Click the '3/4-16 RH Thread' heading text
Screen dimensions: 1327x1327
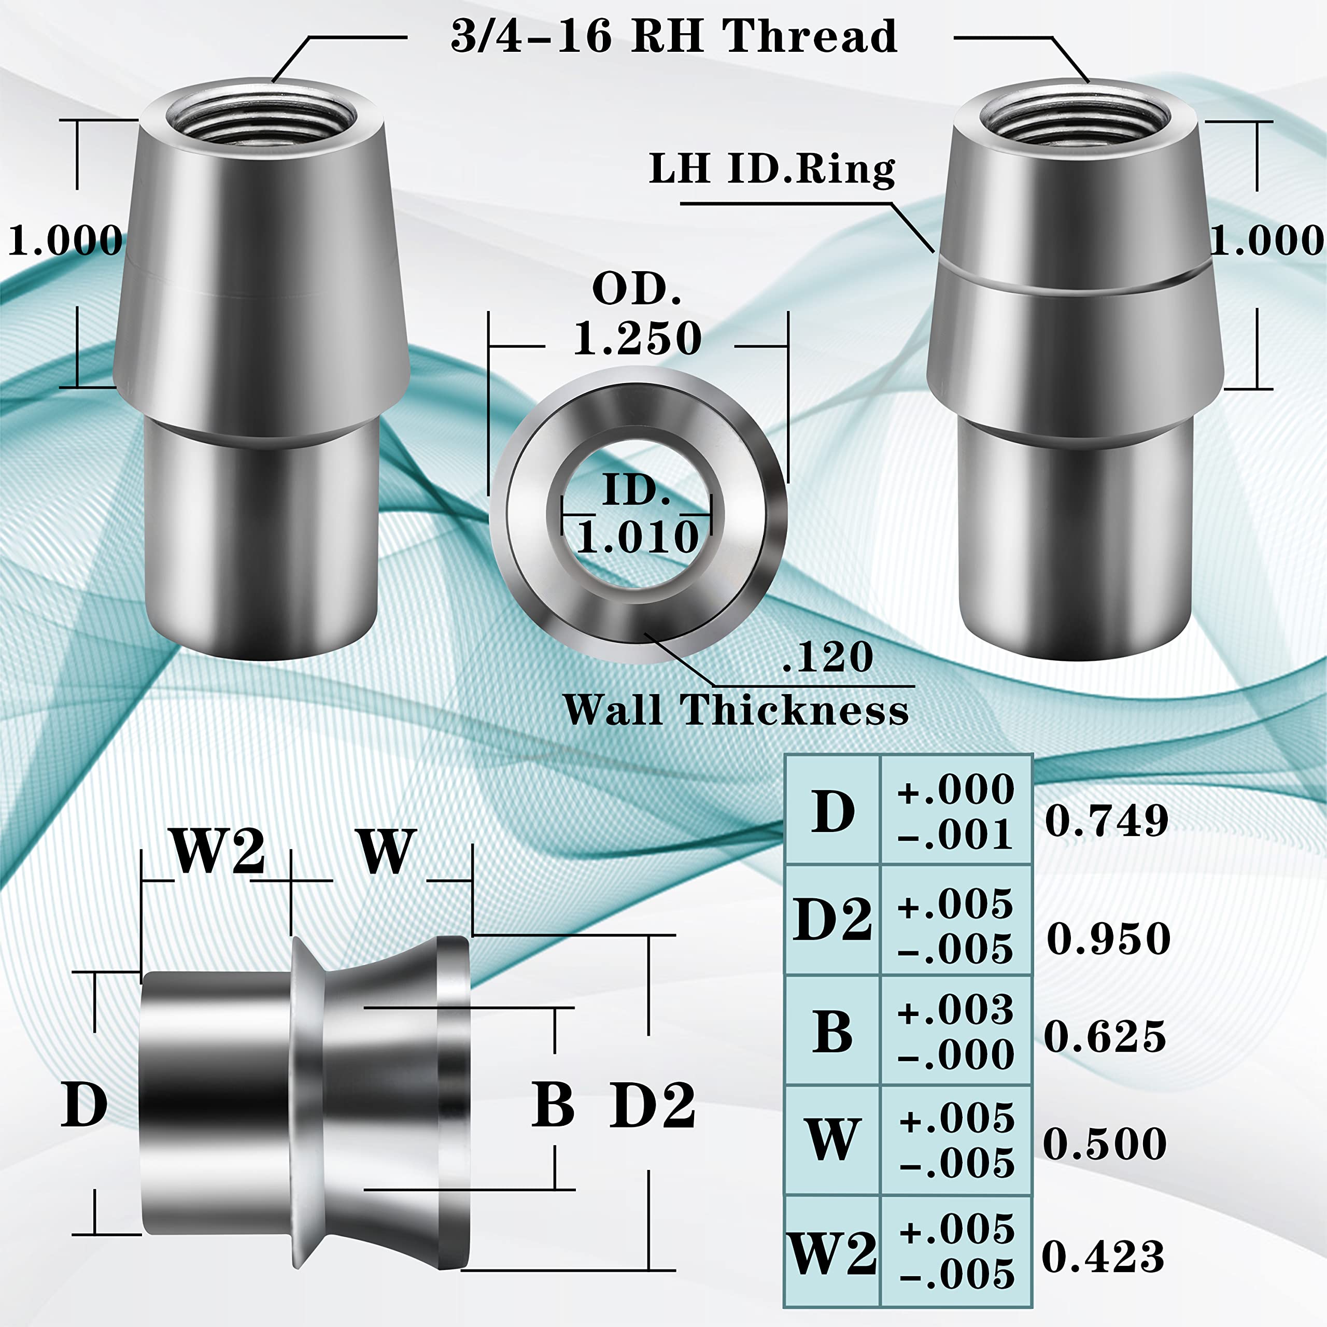pos(673,36)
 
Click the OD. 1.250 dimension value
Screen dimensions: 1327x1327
pos(638,338)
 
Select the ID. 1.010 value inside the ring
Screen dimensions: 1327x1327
pos(638,537)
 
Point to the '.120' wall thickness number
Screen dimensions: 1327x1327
pos(828,657)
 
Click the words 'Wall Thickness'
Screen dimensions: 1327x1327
pos(736,710)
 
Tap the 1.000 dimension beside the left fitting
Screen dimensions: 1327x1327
pos(65,241)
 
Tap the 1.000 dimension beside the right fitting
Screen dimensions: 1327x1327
pos(1266,241)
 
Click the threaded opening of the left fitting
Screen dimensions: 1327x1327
pos(261,118)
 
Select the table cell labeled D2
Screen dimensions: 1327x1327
pos(832,919)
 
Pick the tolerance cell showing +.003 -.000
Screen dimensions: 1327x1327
pos(955,1032)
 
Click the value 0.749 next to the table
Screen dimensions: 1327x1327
pos(1106,820)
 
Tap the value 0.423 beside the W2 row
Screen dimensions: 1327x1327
pos(1103,1257)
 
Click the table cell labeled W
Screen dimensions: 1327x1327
pos(832,1139)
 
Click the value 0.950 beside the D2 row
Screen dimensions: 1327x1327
pos(1108,938)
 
